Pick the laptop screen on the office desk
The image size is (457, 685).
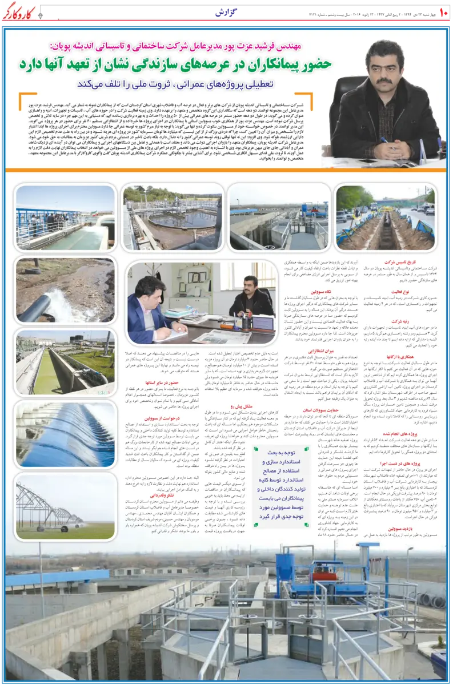pos(263,324)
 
